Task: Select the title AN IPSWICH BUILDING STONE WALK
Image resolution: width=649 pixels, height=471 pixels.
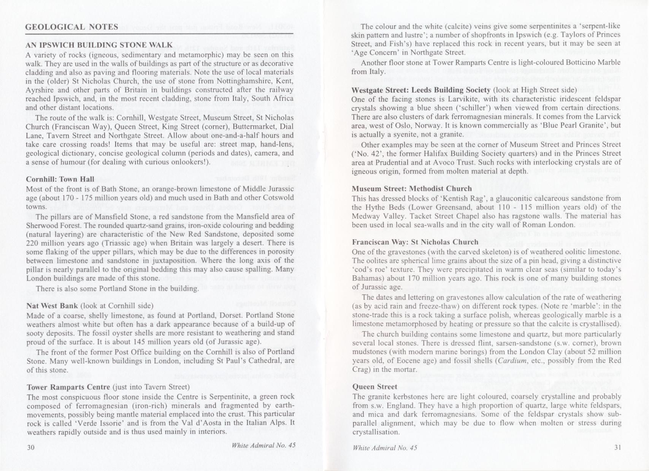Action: pyautogui.click(x=99, y=44)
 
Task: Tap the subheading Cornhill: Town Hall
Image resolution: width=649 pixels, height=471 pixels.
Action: pyautogui.click(x=60, y=179)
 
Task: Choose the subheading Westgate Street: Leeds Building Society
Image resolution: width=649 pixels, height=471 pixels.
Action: pyautogui.click(x=421, y=90)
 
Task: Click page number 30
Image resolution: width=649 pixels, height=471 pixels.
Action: pyautogui.click(x=31, y=447)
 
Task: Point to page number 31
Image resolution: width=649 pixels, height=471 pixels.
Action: pyautogui.click(x=617, y=447)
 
